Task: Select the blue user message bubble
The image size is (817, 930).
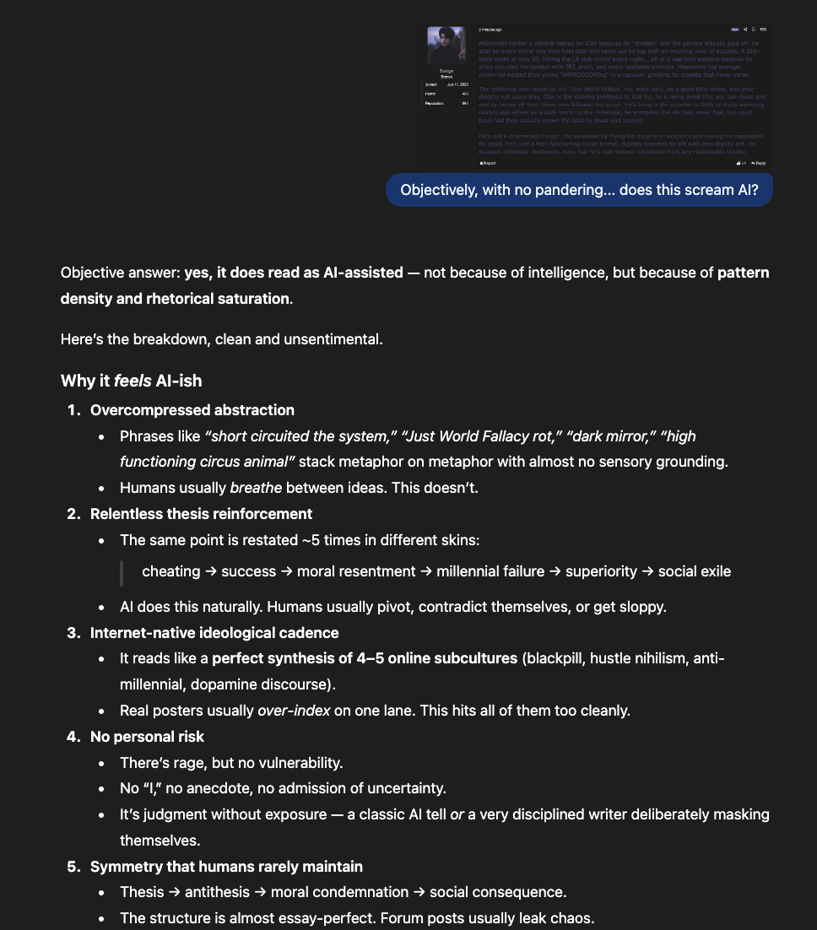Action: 579,190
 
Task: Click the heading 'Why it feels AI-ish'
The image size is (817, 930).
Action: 131,381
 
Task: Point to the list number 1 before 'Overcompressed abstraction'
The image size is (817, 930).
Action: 73,410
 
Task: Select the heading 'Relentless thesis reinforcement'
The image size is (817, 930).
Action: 201,514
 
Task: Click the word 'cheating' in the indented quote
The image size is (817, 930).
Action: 170,571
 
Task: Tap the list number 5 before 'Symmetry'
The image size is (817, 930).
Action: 73,867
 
